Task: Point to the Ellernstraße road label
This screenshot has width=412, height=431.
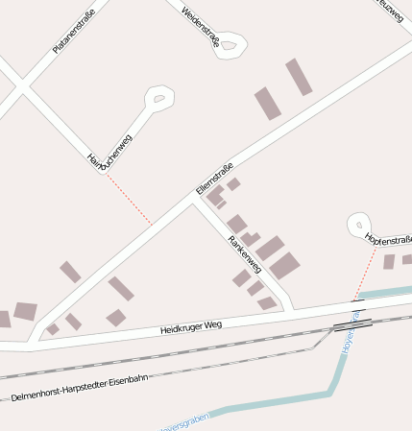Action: [x=214, y=179]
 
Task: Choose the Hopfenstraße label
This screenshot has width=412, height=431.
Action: [x=389, y=239]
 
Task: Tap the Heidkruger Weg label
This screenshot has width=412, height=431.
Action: [x=191, y=327]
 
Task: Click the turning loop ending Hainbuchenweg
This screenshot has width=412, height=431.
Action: [x=158, y=97]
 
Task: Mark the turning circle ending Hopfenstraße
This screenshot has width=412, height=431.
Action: [x=359, y=224]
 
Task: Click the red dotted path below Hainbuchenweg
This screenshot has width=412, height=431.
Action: [x=129, y=200]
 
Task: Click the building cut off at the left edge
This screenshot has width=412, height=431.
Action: [x=4, y=319]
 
